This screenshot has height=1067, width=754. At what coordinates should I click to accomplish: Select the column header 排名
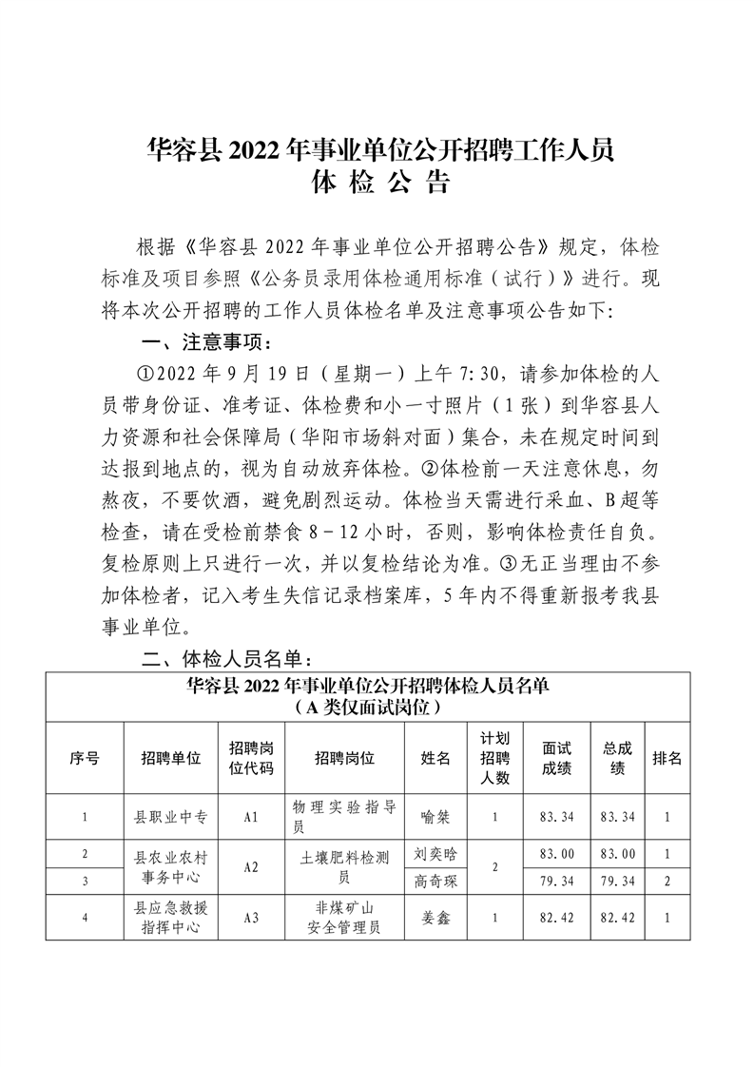point(667,758)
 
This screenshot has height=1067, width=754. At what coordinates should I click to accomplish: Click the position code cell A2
point(252,866)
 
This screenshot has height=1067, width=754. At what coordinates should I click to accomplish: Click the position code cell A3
point(252,919)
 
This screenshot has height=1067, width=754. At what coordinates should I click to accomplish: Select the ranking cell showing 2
point(667,881)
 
